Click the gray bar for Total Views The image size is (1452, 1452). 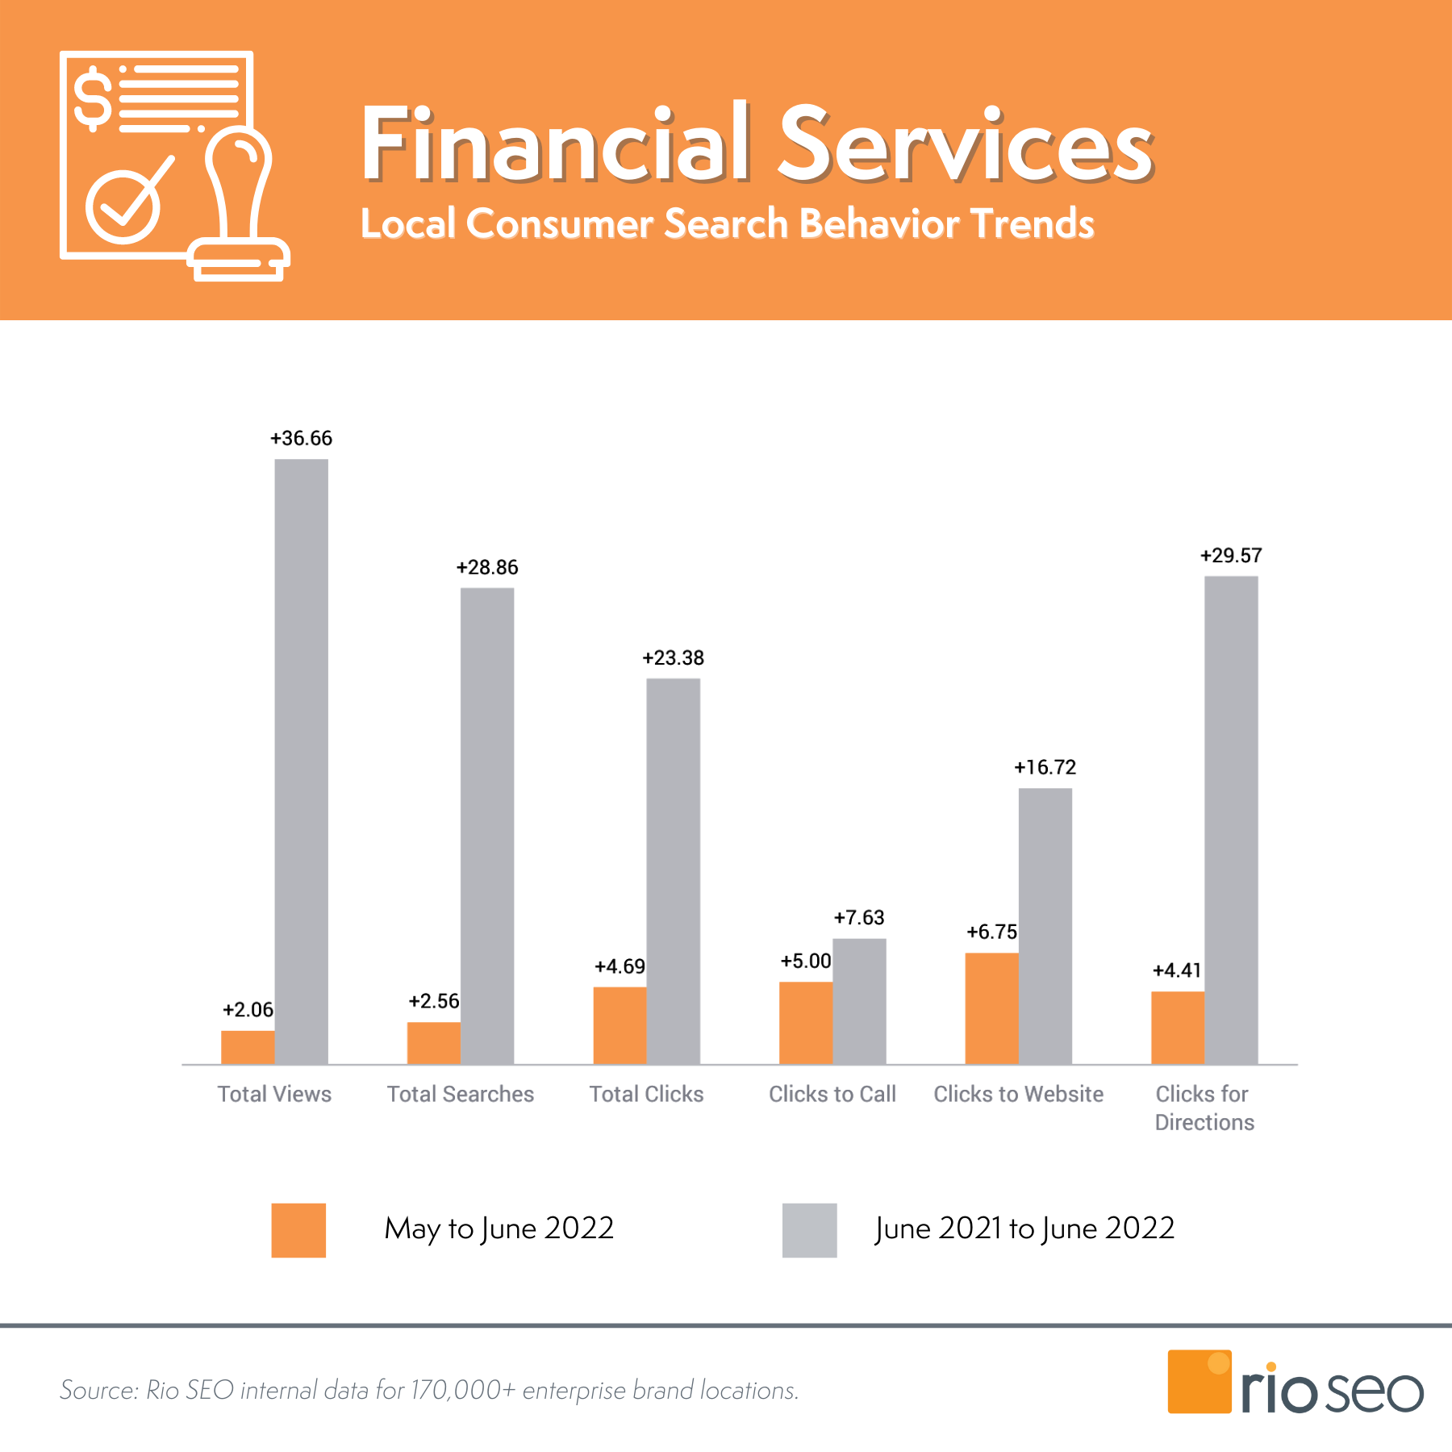coord(301,761)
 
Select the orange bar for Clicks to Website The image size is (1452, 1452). coord(991,1008)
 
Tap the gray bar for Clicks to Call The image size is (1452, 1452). coord(859,1001)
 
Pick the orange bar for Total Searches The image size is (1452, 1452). coord(433,1043)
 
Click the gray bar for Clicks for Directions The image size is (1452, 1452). coord(1231,820)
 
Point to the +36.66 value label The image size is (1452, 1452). coord(301,438)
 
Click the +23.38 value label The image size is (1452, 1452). coord(673,658)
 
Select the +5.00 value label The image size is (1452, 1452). coord(805,961)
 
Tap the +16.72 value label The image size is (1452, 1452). coord(1045,767)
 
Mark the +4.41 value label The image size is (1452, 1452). coord(1177,970)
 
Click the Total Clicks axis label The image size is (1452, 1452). coord(646,1094)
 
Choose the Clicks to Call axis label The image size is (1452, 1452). coord(832,1094)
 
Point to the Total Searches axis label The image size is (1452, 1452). coord(460,1094)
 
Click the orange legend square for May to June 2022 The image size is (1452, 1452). coord(298,1230)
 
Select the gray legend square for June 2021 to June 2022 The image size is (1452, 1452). coord(809,1230)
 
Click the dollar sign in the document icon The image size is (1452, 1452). coord(94,98)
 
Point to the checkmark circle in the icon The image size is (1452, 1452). coord(123,207)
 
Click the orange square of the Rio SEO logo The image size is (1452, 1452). coord(1199,1381)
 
